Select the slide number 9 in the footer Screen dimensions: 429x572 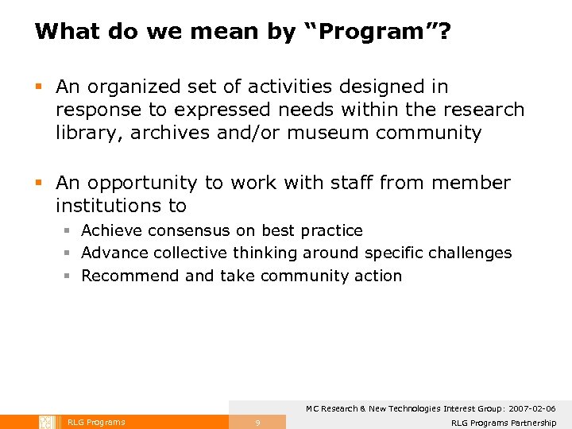(257, 423)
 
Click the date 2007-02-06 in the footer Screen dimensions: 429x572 (529, 408)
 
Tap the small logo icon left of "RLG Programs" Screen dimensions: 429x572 (47, 422)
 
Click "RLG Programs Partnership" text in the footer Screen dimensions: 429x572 (503, 423)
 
